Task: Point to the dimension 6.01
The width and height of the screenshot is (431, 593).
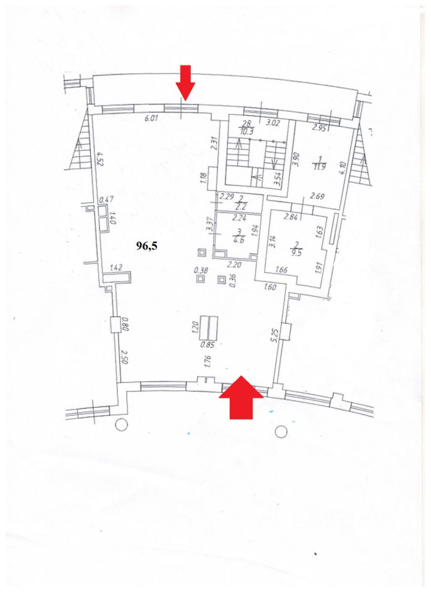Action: pos(152,119)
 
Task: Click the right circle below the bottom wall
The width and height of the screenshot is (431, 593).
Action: pos(282,430)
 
